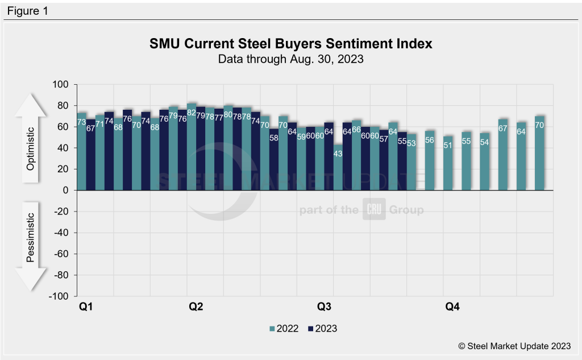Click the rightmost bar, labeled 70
click(x=539, y=153)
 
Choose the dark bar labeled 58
click(x=274, y=159)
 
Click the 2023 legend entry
click(x=322, y=328)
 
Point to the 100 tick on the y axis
click(x=60, y=85)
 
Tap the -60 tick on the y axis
click(x=60, y=254)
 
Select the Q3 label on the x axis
click(x=324, y=307)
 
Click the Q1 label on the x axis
click(x=86, y=307)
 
